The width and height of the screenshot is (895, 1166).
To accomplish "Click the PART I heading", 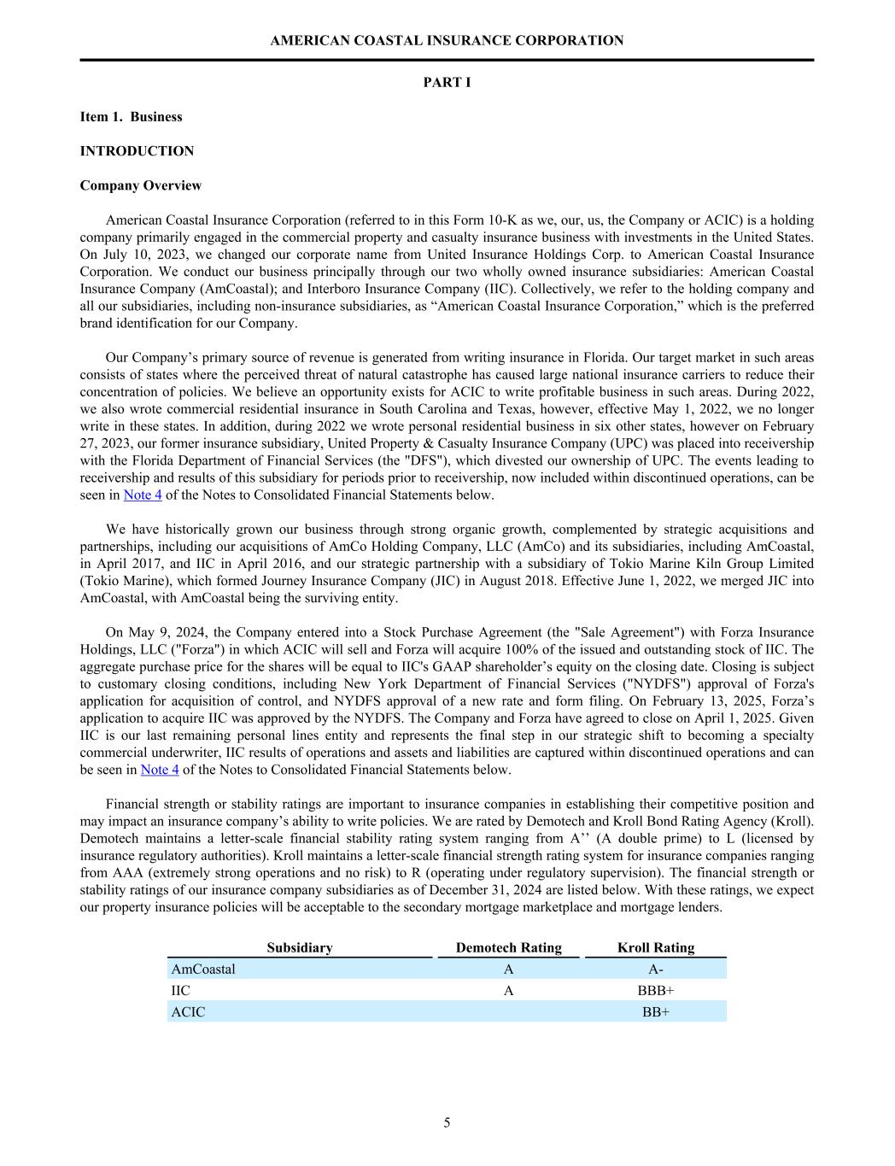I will pos(447,82).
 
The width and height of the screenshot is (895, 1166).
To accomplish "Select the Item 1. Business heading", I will pos(131,116).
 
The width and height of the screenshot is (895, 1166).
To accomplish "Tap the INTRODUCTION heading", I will pos(137,150).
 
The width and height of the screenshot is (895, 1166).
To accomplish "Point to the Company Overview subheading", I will pos(141,185).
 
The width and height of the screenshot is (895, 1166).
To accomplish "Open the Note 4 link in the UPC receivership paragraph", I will pos(143,495).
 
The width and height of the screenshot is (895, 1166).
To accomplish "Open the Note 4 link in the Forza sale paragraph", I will pos(160,770).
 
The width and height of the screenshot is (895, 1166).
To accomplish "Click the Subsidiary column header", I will pos(300,947).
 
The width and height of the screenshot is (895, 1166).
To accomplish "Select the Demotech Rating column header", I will pos(509,947).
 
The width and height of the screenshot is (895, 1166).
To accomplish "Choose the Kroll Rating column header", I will pos(656,947).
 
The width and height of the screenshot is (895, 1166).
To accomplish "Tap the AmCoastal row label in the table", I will pos(203,969).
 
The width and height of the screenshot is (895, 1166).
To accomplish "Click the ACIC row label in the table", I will pos(189,1011).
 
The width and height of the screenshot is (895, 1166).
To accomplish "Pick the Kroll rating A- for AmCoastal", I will pos(656,969).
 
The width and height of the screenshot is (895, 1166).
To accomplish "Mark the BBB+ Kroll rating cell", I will pos(656,990).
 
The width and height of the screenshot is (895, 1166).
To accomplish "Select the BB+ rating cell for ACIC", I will pos(656,1011).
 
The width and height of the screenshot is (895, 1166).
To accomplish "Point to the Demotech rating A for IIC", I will pos(509,990).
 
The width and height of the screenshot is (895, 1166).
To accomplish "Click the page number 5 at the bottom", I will pos(447,1122).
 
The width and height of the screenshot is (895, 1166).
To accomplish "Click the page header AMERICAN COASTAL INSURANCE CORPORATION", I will pos(447,40).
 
